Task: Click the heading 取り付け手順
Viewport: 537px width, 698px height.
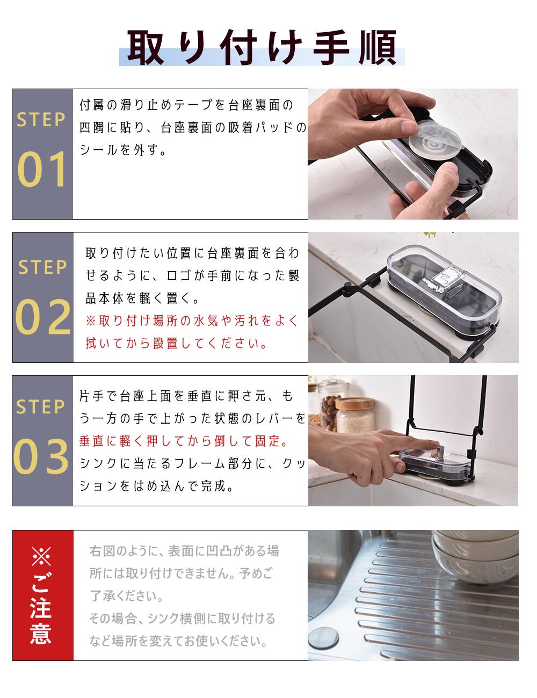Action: (x=262, y=48)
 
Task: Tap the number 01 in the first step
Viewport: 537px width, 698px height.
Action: (x=42, y=169)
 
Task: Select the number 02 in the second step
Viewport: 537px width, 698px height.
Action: (x=43, y=317)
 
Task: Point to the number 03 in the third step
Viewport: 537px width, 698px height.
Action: (x=41, y=456)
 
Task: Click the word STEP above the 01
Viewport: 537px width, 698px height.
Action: (x=41, y=120)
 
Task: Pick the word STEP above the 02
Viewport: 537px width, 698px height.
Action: (x=42, y=267)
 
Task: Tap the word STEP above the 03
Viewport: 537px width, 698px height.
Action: (x=40, y=406)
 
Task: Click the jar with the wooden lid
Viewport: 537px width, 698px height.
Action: (x=355, y=415)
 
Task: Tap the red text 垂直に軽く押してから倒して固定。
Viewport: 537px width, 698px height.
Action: (x=185, y=441)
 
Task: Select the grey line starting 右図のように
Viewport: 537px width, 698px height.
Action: (x=184, y=551)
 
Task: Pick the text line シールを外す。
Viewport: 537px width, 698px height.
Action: (x=123, y=150)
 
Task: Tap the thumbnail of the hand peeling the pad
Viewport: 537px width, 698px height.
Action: (x=413, y=154)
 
